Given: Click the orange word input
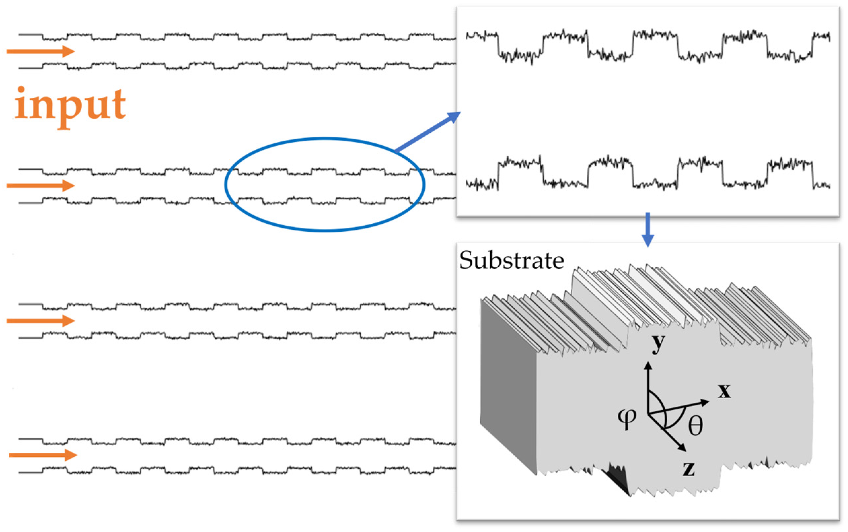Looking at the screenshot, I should tap(70, 106).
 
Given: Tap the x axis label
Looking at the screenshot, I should tap(724, 391).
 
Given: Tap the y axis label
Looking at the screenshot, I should tap(658, 343).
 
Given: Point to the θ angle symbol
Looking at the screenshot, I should tap(695, 426).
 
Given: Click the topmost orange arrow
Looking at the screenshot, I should tap(41, 51).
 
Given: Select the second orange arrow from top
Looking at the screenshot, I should tap(41, 185).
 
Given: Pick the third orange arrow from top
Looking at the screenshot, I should tap(41, 320).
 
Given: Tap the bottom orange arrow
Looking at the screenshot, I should tap(42, 455).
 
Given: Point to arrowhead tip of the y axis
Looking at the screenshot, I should tap(647, 363).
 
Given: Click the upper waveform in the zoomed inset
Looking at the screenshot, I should tap(648, 46).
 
